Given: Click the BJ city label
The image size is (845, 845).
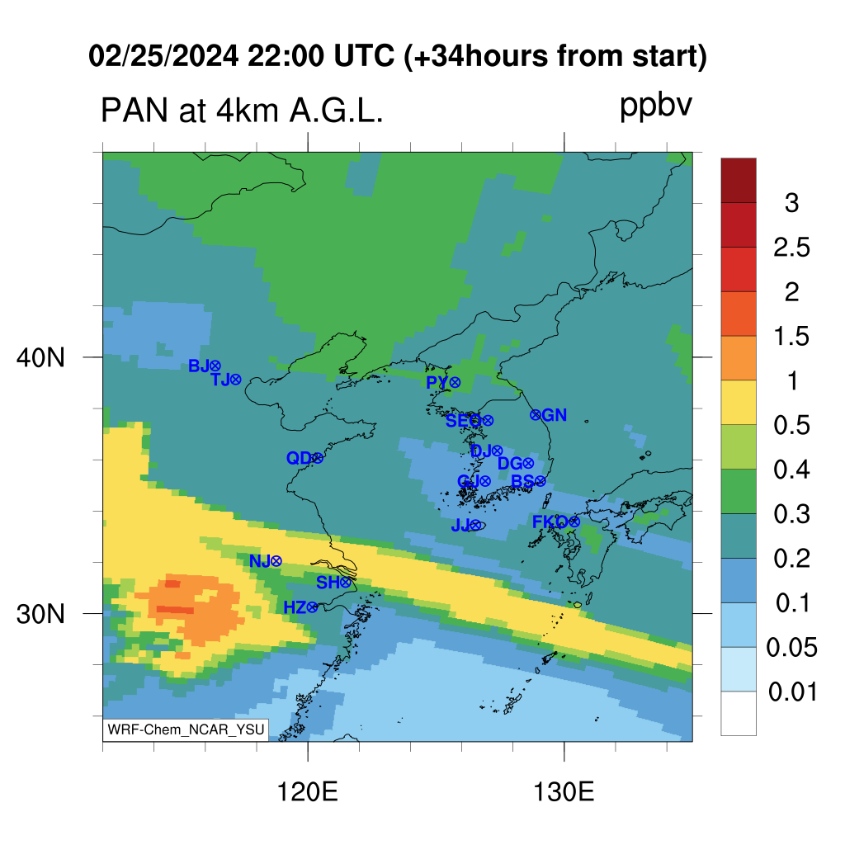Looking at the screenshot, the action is pyautogui.click(x=198, y=366).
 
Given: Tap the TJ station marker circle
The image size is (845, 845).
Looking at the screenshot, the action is pyautogui.click(x=235, y=380).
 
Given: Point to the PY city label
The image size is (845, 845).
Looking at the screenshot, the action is pyautogui.click(x=437, y=383).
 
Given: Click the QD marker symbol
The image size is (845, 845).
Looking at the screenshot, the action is pyautogui.click(x=318, y=458).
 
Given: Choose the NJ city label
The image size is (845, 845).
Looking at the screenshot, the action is pyautogui.click(x=259, y=561).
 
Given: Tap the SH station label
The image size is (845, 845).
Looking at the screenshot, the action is pyautogui.click(x=328, y=583).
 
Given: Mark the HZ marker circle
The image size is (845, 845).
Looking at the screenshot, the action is pyautogui.click(x=312, y=608).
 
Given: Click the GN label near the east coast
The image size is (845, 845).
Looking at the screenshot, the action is pyautogui.click(x=555, y=415).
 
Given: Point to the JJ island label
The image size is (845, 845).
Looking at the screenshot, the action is pyautogui.click(x=460, y=525).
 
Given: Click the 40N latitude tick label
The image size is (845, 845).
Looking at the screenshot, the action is pyautogui.click(x=41, y=357).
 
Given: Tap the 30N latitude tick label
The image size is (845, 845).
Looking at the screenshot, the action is pyautogui.click(x=41, y=614).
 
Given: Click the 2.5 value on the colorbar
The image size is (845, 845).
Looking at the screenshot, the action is pyautogui.click(x=791, y=248).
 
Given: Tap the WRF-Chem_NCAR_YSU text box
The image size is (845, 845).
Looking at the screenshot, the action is pyautogui.click(x=186, y=729).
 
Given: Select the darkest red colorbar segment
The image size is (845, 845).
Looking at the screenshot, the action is pyautogui.click(x=739, y=180).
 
